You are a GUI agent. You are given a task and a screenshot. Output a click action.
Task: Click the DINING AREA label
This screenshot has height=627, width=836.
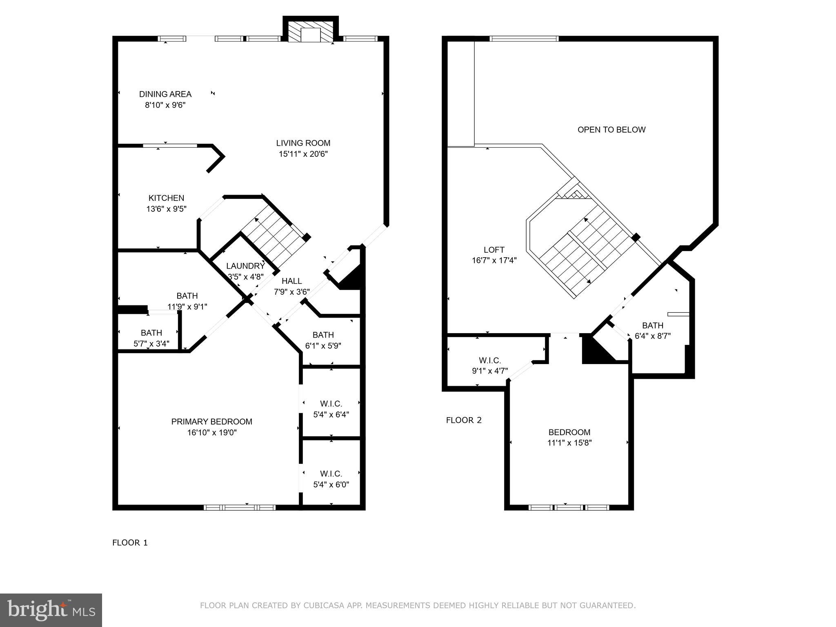coord(165,94)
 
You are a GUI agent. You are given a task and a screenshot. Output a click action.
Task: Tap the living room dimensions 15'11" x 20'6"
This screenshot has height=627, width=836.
coord(303,154)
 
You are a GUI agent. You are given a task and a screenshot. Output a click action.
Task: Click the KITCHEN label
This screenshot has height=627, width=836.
coord(166,198)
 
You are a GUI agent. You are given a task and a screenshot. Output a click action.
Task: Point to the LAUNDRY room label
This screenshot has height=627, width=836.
coord(245,266)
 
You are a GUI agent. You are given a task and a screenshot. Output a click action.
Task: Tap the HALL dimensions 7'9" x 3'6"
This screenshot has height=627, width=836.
coord(291,292)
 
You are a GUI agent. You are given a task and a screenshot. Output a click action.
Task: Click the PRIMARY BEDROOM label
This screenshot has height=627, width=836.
coord(211,422)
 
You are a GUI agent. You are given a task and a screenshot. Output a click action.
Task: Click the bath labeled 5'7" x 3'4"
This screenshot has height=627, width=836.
coord(151,338)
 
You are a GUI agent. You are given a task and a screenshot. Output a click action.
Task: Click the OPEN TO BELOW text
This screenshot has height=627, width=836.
coord(611,130)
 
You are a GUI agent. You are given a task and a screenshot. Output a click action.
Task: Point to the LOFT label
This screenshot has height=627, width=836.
coord(494,250)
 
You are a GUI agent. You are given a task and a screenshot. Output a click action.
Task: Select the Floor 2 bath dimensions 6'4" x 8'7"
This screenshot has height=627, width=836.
coord(652,336)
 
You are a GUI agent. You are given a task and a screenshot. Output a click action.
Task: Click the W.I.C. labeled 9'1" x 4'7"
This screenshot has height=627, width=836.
coord(489,366)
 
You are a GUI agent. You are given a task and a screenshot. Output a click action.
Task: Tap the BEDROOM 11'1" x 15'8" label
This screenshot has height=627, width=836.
coord(569,432)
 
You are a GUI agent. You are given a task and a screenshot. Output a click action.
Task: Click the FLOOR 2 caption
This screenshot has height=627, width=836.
coord(464,420)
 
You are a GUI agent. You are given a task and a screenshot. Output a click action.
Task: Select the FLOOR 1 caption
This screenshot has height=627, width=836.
coord(130,543)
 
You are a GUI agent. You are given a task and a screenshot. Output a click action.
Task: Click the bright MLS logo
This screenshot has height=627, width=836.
coord(51,610)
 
